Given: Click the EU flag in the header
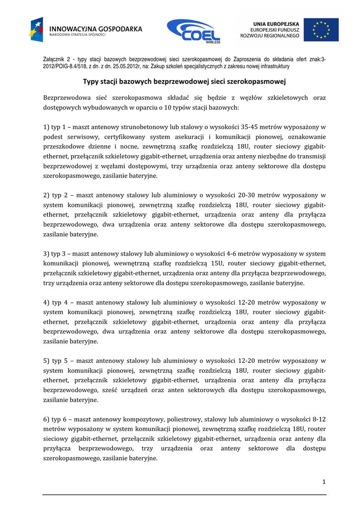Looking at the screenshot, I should click(x=321, y=30).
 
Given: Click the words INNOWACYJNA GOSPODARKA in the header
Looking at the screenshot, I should click(x=96, y=29).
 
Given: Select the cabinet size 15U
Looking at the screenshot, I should click(x=214, y=263).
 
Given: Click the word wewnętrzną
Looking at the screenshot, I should click(x=130, y=263).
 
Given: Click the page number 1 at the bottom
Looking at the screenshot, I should click(x=324, y=482).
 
